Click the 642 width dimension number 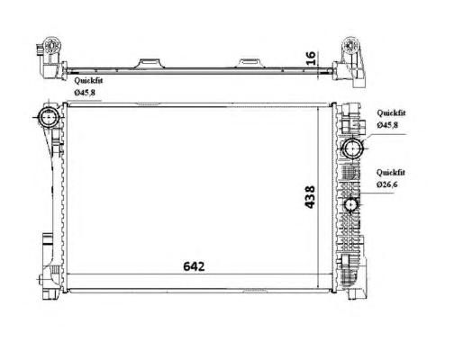(194, 266)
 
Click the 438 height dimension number (310, 197)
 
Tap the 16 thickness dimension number (311, 58)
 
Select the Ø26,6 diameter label (387, 184)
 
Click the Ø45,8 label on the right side (387, 125)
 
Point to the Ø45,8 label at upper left (85, 93)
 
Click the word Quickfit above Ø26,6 (391, 173)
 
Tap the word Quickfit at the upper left (88, 80)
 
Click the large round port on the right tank (353, 148)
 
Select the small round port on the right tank (350, 204)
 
